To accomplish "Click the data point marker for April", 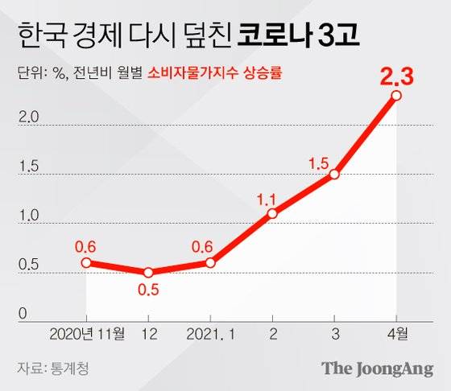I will (x=396, y=96).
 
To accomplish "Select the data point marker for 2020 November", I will (x=86, y=262).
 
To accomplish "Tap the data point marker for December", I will (x=148, y=272).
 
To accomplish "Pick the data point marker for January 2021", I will (x=210, y=262).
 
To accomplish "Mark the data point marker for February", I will (x=272, y=213).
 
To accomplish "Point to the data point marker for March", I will (x=334, y=174).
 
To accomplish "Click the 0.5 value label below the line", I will (x=148, y=290).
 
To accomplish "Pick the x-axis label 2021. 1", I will (x=210, y=332).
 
